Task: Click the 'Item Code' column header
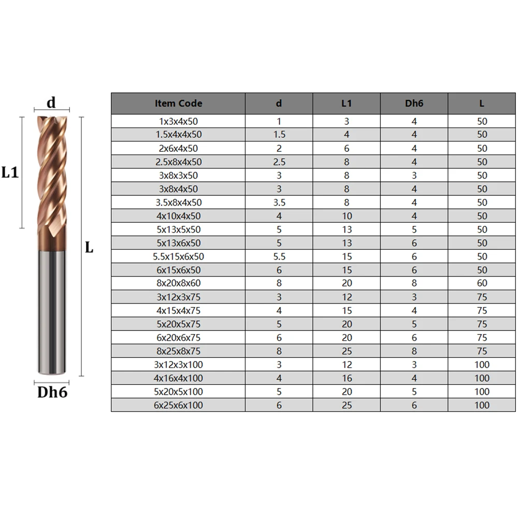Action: point(178,104)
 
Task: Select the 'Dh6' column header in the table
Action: point(414,104)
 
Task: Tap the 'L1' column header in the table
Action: point(347,104)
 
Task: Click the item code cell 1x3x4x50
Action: point(178,121)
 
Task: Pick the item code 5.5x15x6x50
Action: point(178,256)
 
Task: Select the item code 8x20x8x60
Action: point(178,283)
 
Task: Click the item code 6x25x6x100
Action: point(178,405)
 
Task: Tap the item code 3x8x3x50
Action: point(178,176)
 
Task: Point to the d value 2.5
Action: point(279,162)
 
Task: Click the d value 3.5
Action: point(279,203)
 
